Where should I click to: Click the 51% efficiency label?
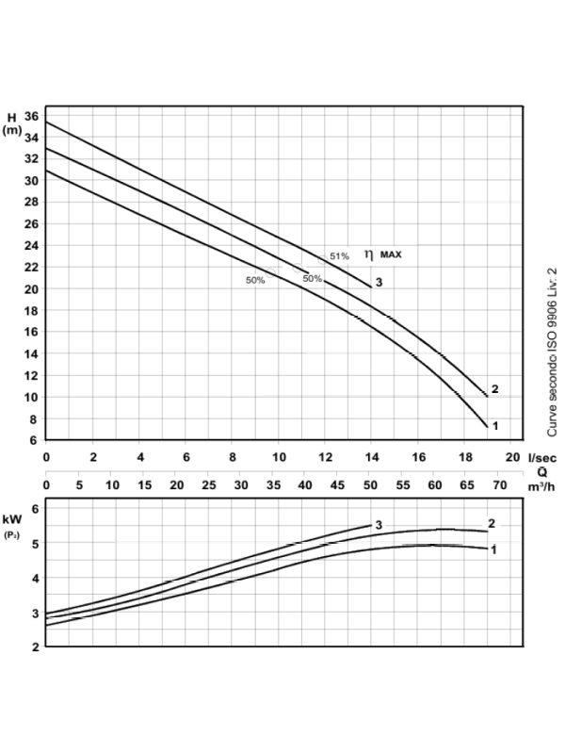[339, 256]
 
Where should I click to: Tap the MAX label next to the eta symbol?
[392, 254]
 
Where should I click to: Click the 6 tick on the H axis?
[34, 440]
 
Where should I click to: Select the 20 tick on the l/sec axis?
[512, 456]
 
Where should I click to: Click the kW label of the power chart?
[12, 519]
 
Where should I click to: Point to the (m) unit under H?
[12, 131]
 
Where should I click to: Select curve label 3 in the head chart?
[379, 283]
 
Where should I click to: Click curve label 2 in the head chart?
[493, 390]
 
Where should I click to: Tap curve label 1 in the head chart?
[493, 426]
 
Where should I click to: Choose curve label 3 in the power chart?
[378, 524]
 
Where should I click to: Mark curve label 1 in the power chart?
[493, 549]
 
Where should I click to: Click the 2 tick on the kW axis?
[34, 647]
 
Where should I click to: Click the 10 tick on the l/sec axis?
[279, 456]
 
